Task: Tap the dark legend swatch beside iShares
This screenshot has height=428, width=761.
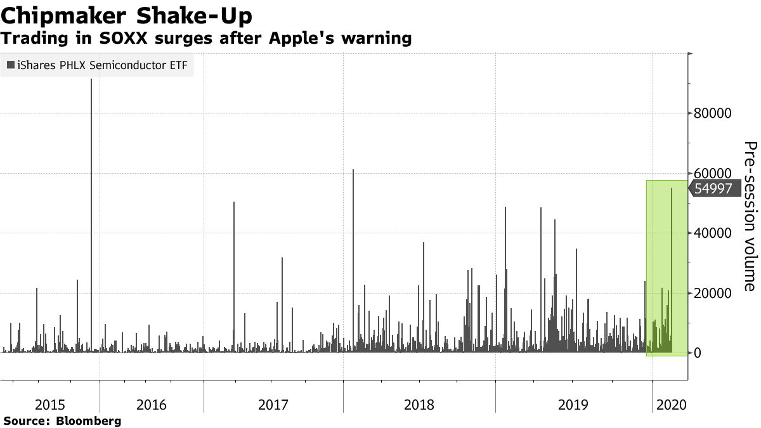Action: [11, 66]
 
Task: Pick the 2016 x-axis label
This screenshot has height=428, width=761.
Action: [152, 404]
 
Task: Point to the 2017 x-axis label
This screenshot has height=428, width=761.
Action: [273, 404]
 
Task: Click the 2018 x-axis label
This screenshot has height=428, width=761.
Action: [419, 404]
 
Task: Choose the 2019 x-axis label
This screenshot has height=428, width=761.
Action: [573, 404]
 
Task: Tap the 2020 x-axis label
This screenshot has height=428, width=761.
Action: [670, 404]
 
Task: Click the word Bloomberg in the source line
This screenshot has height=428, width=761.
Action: [89, 420]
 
